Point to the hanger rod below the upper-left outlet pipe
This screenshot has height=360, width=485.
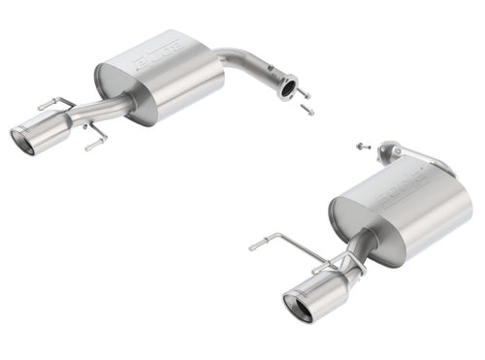click(94, 140)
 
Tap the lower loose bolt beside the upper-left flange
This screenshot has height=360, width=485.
click(307, 111)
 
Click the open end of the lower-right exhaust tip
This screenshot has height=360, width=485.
click(297, 309)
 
